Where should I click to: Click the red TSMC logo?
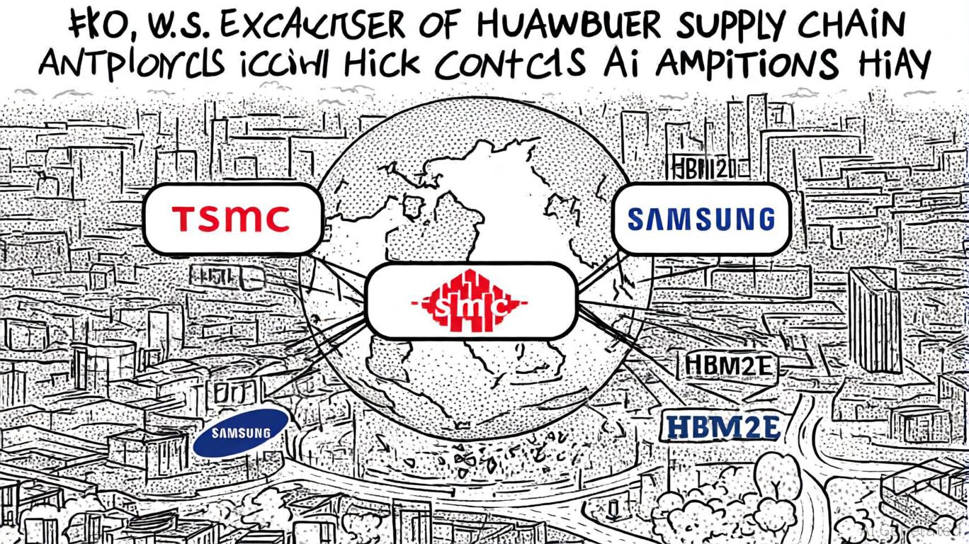click(x=232, y=219)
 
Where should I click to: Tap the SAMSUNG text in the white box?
click(x=701, y=219)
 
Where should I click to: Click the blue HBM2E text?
click(x=723, y=428)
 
